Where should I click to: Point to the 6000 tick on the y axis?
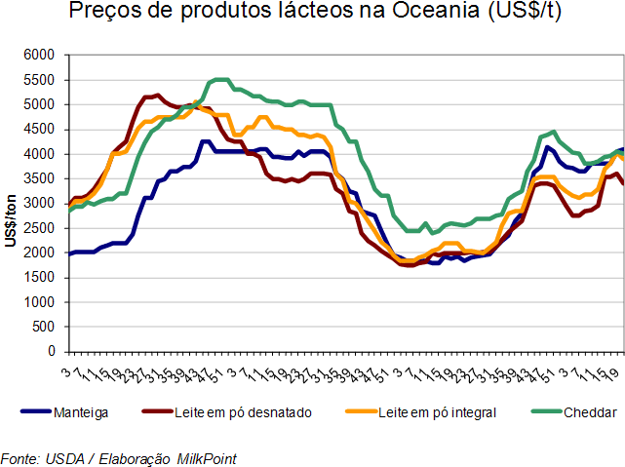point(40,55)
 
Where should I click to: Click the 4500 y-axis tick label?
point(40,129)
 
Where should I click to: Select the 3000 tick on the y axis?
point(40,203)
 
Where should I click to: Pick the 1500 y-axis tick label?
point(40,277)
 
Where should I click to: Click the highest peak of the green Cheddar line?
point(219,80)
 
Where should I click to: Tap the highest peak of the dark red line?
point(156,95)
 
